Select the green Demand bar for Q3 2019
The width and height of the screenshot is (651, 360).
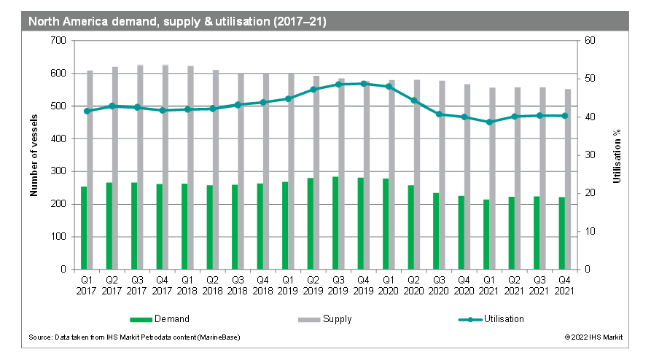pos(335,223)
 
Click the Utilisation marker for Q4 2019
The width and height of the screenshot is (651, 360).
pos(364,84)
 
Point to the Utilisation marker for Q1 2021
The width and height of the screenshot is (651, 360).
pos(488,122)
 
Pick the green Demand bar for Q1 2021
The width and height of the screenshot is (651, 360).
pos(486,234)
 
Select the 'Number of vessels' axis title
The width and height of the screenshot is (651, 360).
pos(34,154)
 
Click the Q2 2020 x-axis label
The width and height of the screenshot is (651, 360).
pos(413,284)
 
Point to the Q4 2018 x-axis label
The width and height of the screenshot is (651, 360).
pos(264,284)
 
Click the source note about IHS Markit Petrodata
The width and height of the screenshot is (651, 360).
pos(134,337)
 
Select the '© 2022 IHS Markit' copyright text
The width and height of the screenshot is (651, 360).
pos(593,337)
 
